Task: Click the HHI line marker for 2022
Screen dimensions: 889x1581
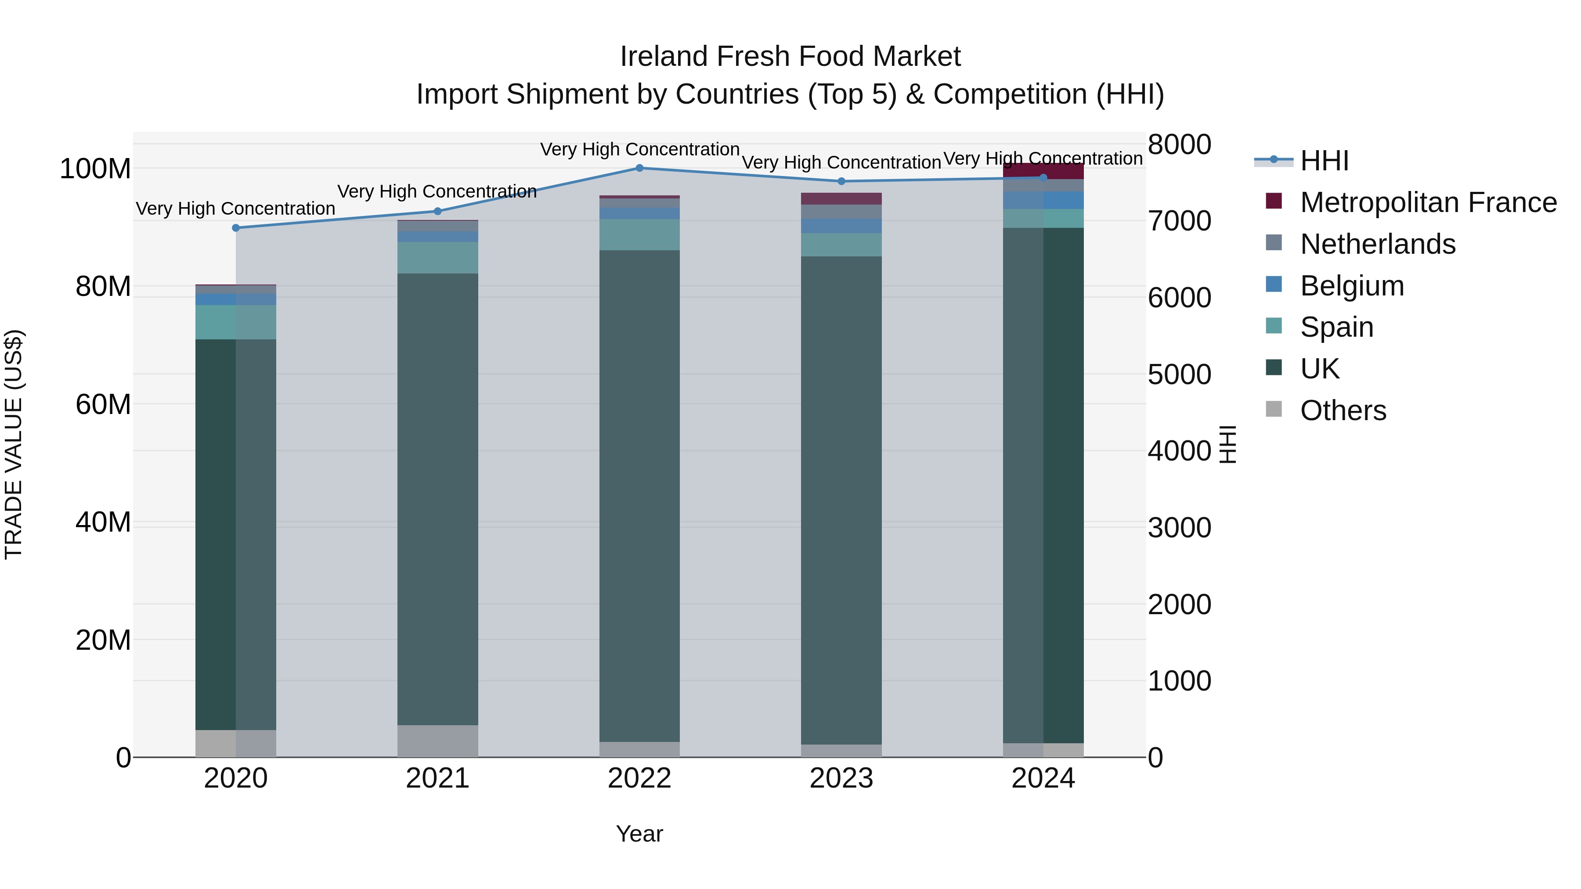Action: pyautogui.click(x=639, y=168)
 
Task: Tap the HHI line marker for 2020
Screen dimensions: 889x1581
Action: pyautogui.click(x=236, y=227)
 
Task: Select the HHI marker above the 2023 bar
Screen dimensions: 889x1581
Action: pyautogui.click(x=841, y=181)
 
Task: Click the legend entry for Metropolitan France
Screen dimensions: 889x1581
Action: pyautogui.click(x=1428, y=202)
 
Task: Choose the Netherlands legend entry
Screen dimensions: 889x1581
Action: pyautogui.click(x=1377, y=244)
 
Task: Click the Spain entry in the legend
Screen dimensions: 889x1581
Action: pyautogui.click(x=1336, y=327)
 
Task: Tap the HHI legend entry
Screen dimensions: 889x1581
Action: pyautogui.click(x=1324, y=161)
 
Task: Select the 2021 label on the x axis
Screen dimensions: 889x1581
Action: pyautogui.click(x=437, y=778)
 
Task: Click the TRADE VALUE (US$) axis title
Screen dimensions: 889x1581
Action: pyautogui.click(x=14, y=444)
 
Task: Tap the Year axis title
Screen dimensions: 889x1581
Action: pyautogui.click(x=639, y=834)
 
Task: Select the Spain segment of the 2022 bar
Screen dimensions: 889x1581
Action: pyautogui.click(x=639, y=234)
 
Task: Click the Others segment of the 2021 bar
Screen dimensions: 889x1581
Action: pyautogui.click(x=437, y=741)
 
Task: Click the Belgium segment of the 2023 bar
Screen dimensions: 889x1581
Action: pyautogui.click(x=841, y=226)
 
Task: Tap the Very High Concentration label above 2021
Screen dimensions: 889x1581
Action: pyautogui.click(x=437, y=191)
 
